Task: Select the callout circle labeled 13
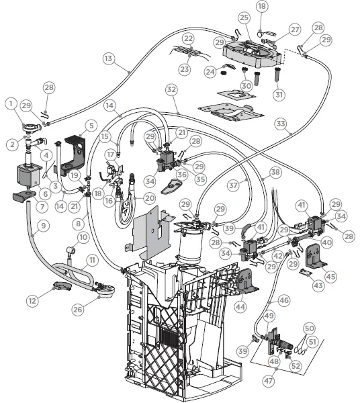[x=109, y=58]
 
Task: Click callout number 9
[x=42, y=226]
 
